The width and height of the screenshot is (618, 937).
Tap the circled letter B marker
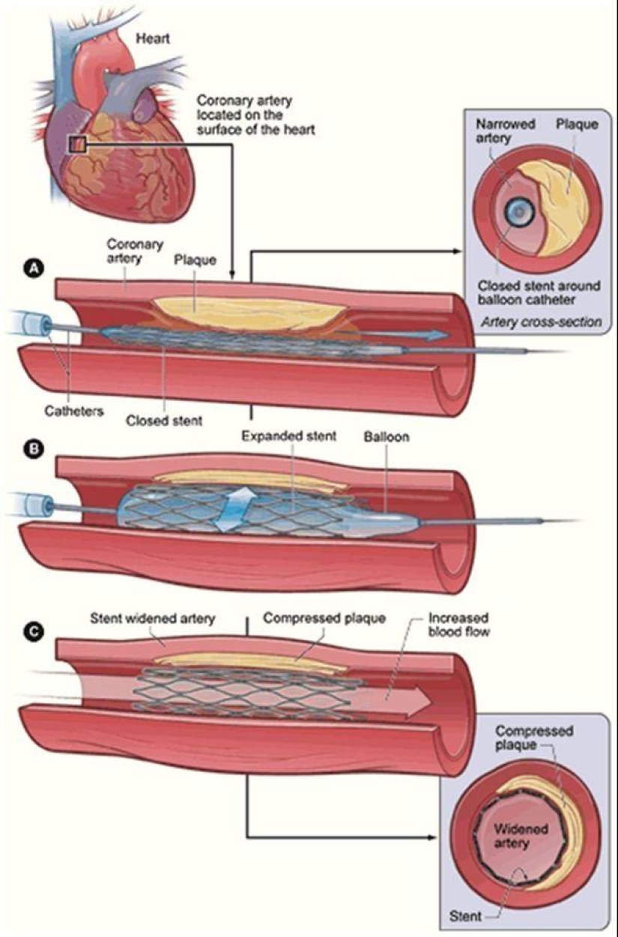33,449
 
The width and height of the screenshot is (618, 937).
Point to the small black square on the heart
78,143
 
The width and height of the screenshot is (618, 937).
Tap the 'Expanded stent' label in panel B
288,436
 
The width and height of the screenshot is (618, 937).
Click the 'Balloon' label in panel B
386,436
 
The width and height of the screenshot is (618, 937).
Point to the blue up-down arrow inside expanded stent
231,509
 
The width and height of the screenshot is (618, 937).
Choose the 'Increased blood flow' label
458,625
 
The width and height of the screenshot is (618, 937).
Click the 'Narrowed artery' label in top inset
506,130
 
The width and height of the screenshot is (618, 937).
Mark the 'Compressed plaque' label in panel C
324,619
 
